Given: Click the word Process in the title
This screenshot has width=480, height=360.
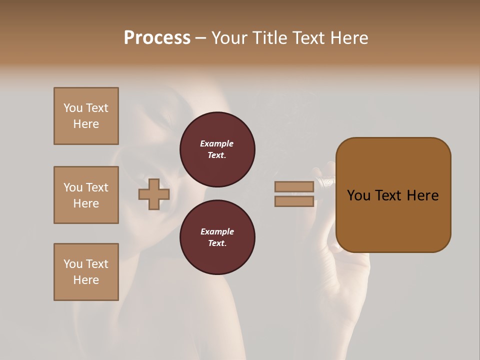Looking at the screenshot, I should (x=157, y=37).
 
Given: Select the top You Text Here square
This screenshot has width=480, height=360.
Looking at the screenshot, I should (x=86, y=116).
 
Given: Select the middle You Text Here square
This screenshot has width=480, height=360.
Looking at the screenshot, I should (x=86, y=195).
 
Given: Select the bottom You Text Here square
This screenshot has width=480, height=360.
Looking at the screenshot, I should (x=86, y=272).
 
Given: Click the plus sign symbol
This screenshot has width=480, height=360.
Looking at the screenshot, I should (x=153, y=194).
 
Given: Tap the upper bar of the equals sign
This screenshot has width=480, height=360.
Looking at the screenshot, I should (x=294, y=186).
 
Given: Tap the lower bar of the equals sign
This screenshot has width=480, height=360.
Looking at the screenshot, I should (x=294, y=201).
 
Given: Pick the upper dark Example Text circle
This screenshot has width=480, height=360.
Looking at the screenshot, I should (x=217, y=149).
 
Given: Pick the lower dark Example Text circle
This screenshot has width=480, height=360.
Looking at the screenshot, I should (x=217, y=237).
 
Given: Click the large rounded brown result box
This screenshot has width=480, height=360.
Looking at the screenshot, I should (x=393, y=195).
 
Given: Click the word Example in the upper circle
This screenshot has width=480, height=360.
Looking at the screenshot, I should (x=216, y=143).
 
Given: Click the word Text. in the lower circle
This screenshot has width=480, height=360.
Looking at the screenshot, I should (x=217, y=243).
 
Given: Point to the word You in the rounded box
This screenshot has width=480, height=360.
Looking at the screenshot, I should (x=358, y=195).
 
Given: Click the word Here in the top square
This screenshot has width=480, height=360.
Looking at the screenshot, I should (x=86, y=124).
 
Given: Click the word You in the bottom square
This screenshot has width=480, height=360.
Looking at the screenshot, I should (x=73, y=264).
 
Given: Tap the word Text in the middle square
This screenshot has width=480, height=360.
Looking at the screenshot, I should (x=97, y=187).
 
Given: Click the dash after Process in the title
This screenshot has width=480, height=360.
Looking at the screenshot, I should (x=200, y=38).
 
